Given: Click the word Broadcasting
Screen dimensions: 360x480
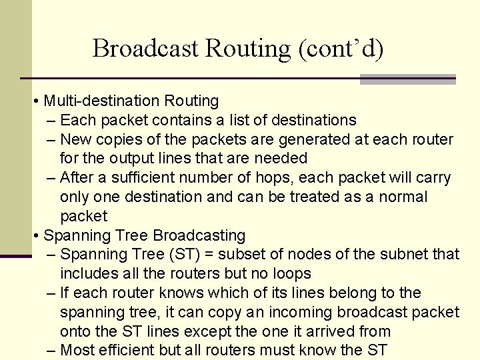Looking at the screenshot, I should point(199,235).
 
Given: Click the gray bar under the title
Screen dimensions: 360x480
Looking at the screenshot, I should point(407,79).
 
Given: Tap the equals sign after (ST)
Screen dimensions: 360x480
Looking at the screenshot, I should point(212,254).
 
